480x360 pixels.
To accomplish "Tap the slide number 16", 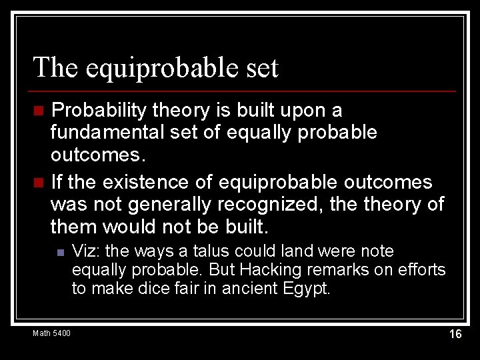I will tap(455, 334).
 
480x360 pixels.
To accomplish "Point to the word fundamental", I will tap(108, 132).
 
